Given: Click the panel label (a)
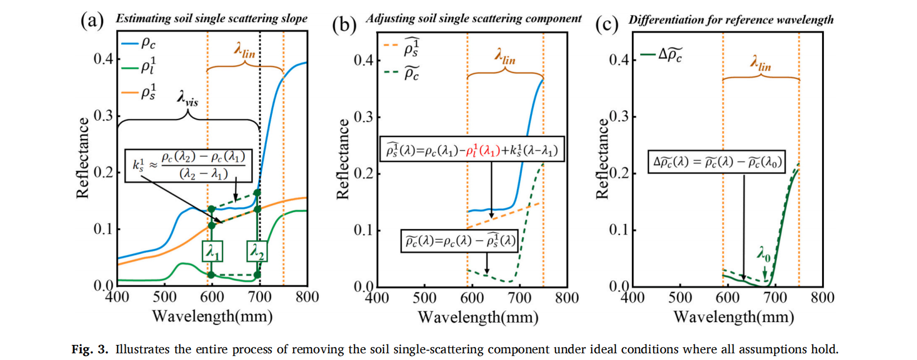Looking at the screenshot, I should pos(92,21).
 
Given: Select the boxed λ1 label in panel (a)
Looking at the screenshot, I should pos(212,252).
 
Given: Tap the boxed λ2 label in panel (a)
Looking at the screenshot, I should pos(257,252).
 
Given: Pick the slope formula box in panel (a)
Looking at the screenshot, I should pos(189,165).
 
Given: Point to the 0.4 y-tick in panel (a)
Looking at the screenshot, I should pos(103,59).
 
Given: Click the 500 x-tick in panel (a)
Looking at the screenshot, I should pos(165,296).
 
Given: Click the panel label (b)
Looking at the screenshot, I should pos(344,25).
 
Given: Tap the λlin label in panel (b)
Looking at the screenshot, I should pos(505,56).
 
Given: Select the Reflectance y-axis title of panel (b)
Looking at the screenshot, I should pos(342,160).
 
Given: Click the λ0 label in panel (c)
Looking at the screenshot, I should pos(764,255).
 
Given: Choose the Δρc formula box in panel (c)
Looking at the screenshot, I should pos(717,162).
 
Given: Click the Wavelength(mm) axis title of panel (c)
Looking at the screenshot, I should pos(733,317).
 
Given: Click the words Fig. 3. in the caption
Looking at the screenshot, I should pos(90,349).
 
